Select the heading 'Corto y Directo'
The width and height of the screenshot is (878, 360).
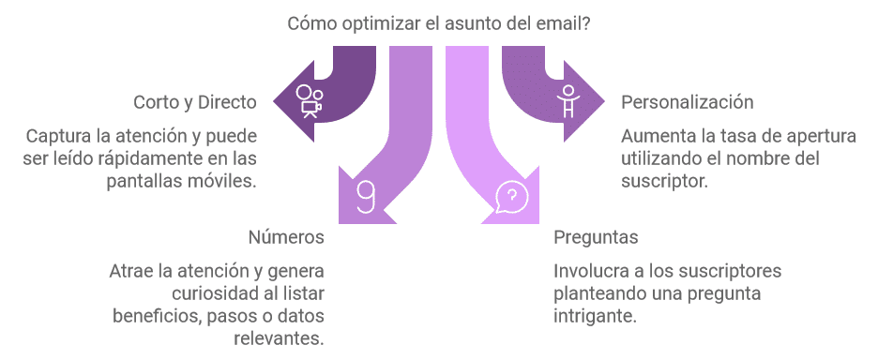point(195,101)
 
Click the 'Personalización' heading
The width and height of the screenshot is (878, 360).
point(688,101)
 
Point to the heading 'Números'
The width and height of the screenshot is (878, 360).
point(286,236)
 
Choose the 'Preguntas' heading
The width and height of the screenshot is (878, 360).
point(596,236)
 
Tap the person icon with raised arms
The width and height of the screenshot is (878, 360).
point(566,98)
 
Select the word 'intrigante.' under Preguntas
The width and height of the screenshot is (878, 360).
point(596,316)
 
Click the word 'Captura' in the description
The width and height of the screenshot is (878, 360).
point(57,135)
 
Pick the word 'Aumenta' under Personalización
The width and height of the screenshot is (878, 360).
point(655,135)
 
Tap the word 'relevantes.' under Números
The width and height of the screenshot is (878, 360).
point(280,337)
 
